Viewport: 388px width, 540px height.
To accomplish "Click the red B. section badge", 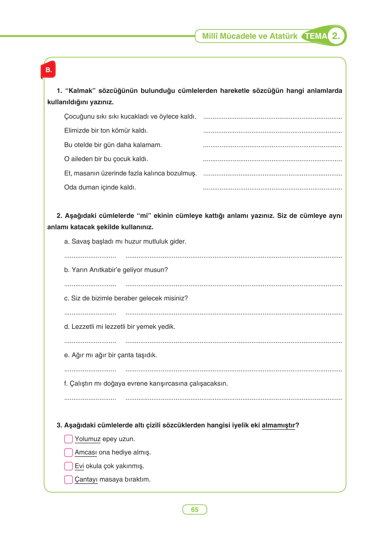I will pos(48,70).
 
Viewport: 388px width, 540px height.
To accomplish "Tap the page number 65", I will pos(195,510).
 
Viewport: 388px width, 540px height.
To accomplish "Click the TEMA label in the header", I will pos(315,36).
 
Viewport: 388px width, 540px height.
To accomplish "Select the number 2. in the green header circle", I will pos(336,36).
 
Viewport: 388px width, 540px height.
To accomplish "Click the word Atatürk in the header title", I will pos(283,36).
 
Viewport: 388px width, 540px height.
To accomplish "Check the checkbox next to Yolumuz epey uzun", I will pos(68,439).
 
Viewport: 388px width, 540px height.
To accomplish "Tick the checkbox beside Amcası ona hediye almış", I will pos(68,452).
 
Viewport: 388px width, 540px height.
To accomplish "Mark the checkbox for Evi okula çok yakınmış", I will pos(68,466).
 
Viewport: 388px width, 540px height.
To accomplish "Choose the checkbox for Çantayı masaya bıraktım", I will pos(68,480).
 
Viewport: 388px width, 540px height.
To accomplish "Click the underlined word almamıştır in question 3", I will pos(278,425).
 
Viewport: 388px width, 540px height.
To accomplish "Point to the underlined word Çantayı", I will pos(86,480).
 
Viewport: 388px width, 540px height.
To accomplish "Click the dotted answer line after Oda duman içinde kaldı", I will pos(272,188).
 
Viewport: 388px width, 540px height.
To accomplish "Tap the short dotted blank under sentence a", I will pos(90,257).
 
